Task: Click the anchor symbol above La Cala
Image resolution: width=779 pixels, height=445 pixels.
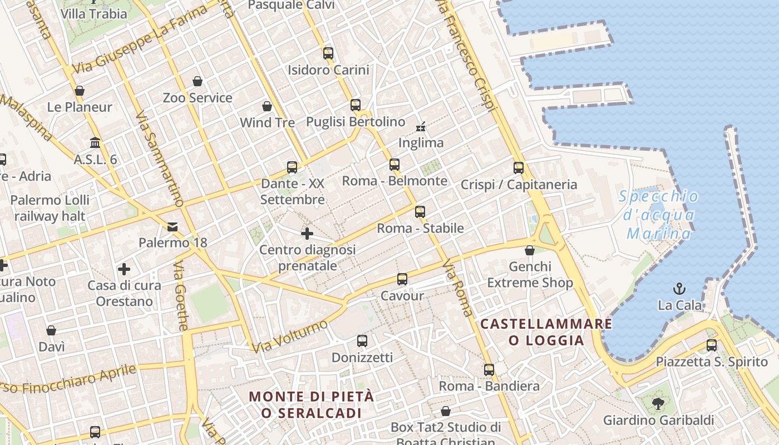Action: tap(679, 288)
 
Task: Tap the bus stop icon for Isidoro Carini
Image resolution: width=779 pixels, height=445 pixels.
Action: tap(328, 53)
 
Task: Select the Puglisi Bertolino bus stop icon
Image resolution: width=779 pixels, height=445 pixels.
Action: tap(356, 105)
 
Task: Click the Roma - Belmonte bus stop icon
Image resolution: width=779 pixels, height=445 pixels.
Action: tap(395, 164)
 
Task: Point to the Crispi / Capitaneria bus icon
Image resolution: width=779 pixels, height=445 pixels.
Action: tap(519, 167)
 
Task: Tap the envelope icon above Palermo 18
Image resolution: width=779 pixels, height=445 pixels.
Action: tap(172, 226)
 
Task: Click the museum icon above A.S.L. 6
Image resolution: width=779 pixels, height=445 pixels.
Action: tap(95, 143)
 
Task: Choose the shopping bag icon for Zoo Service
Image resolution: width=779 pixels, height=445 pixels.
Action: tap(198, 82)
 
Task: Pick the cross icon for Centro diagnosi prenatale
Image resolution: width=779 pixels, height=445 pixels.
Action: tap(307, 234)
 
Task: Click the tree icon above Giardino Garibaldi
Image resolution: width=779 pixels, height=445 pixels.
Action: tap(658, 403)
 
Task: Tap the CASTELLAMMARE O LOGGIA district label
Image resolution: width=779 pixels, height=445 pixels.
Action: tap(546, 332)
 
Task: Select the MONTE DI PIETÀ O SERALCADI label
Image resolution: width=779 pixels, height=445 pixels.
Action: tap(311, 404)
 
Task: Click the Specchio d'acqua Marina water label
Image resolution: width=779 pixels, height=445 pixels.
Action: tap(659, 215)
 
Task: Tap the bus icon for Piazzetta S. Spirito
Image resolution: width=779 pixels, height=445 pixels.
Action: tap(712, 345)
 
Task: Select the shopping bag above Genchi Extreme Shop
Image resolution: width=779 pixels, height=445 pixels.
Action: tap(530, 250)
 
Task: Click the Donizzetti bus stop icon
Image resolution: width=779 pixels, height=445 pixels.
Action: tap(362, 340)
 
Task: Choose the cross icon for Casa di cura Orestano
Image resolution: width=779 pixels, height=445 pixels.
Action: tap(124, 269)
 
